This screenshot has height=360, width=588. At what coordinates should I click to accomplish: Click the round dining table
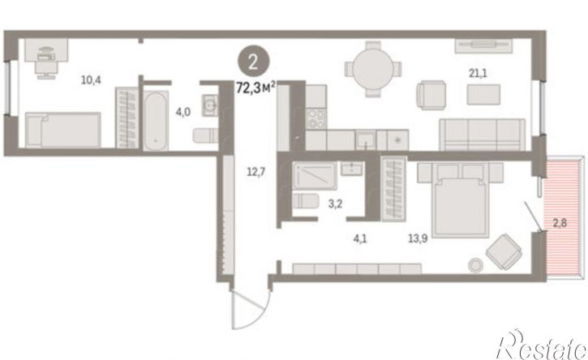tap(373, 69)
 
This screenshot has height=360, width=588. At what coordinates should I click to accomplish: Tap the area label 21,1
tap(479, 73)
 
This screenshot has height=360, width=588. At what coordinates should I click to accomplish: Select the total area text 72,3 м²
tap(256, 88)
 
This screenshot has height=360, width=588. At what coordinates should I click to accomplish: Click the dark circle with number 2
tap(253, 62)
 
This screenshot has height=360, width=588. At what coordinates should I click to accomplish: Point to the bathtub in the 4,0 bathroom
tap(155, 121)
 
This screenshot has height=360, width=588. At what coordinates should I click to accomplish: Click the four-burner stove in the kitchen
tap(315, 118)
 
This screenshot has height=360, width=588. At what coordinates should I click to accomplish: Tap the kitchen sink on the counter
tap(365, 139)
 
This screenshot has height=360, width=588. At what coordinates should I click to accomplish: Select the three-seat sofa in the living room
tap(482, 135)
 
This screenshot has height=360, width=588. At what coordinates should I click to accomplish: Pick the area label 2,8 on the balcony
tap(560, 223)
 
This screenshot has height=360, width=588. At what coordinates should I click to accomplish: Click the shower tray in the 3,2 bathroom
tap(314, 175)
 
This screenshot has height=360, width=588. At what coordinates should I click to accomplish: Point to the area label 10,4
tap(91, 79)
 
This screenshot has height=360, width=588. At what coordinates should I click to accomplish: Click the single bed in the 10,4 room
tap(63, 130)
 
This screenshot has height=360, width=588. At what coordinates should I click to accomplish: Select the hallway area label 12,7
tap(256, 172)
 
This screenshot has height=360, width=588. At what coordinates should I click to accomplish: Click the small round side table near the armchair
tap(476, 265)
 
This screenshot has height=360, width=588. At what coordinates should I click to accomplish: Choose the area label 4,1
tap(359, 238)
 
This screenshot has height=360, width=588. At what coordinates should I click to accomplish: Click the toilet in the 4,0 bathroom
tap(205, 135)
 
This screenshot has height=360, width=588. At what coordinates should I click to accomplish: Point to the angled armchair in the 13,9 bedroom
tap(504, 251)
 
